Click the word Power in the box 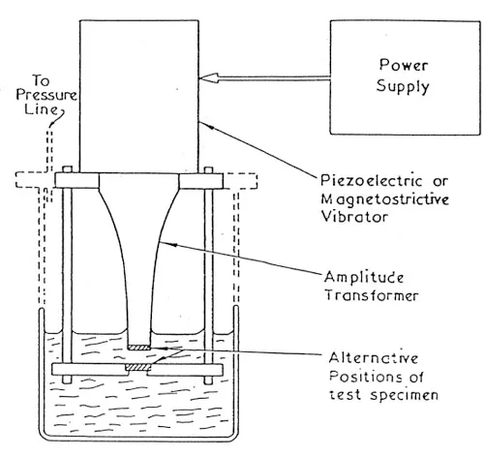[x=404, y=65]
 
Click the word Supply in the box [x=403, y=86]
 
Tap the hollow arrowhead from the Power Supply [x=209, y=77]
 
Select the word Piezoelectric [x=371, y=181]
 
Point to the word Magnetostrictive [x=385, y=198]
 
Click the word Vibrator [x=354, y=216]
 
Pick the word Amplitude [x=364, y=278]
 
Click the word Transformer [x=372, y=295]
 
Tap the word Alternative [x=374, y=358]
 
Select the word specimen [x=404, y=396]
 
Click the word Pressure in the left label [x=46, y=95]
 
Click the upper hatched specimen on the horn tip [x=139, y=348]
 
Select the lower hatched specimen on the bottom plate [x=138, y=367]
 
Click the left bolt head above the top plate [x=67, y=169]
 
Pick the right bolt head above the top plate [x=209, y=169]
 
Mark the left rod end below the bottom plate [x=67, y=380]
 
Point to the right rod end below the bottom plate [x=209, y=380]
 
